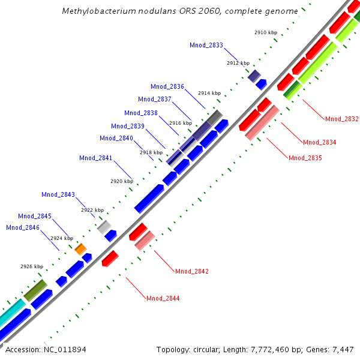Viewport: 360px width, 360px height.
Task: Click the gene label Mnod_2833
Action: (206, 45)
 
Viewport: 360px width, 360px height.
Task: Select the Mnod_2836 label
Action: (167, 86)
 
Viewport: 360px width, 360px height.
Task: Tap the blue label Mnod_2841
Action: (95, 158)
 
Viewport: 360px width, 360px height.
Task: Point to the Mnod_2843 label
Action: (58, 194)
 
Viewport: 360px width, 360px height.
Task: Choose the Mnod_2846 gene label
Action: (23, 227)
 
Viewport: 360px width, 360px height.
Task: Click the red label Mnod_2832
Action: (341, 119)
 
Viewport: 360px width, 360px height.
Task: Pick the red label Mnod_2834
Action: (319, 142)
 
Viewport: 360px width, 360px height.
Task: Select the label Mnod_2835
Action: (305, 158)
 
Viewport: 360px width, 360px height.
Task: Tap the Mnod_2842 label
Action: (192, 271)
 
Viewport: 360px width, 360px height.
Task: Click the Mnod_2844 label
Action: (163, 298)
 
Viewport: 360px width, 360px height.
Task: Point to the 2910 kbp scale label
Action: (265, 32)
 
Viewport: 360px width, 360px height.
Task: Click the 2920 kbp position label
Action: (121, 181)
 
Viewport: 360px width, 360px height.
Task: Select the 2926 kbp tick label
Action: (32, 266)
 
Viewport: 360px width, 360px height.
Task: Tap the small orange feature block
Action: (80, 248)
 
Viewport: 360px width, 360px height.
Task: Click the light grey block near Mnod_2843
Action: (104, 226)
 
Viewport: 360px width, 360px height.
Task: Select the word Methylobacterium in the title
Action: (95, 11)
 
